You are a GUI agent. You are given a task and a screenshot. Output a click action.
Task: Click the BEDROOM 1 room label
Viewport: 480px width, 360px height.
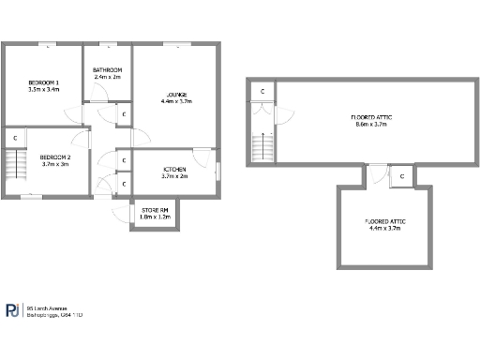pos(44,82)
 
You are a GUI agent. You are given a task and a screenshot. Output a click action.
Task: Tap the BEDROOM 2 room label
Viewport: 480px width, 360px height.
pos(56,157)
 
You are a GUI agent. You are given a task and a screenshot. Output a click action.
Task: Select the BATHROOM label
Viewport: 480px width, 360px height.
pos(108,70)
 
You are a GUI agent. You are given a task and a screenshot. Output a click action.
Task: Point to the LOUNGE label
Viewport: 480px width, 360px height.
pos(176,95)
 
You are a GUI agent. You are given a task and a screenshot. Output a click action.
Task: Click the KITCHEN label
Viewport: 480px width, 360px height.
pos(174,169)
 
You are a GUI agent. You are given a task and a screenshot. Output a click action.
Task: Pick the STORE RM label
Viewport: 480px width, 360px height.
pos(155,210)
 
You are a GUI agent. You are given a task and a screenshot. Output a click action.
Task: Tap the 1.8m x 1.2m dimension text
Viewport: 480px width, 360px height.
pos(155,217)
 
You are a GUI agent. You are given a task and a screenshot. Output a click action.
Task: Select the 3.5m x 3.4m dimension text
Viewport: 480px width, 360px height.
pos(44,90)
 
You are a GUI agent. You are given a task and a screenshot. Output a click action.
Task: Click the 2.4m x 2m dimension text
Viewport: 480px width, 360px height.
pos(108,77)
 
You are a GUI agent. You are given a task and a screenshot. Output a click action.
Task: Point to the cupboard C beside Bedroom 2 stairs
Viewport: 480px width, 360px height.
pos(16,139)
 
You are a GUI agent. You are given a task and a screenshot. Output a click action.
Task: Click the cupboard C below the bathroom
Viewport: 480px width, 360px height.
pos(125,113)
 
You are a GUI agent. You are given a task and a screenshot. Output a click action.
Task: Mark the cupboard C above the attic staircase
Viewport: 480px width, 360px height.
pos(262,91)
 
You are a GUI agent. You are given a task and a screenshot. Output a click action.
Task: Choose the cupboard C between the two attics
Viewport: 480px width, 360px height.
pos(401,175)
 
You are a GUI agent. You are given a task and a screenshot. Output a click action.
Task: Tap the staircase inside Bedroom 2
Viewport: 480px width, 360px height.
pos(16,167)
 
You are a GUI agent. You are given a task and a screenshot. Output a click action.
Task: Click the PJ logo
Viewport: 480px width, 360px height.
pos(14,310)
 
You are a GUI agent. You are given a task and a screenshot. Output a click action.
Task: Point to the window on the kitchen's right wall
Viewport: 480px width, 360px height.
pos(219,169)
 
